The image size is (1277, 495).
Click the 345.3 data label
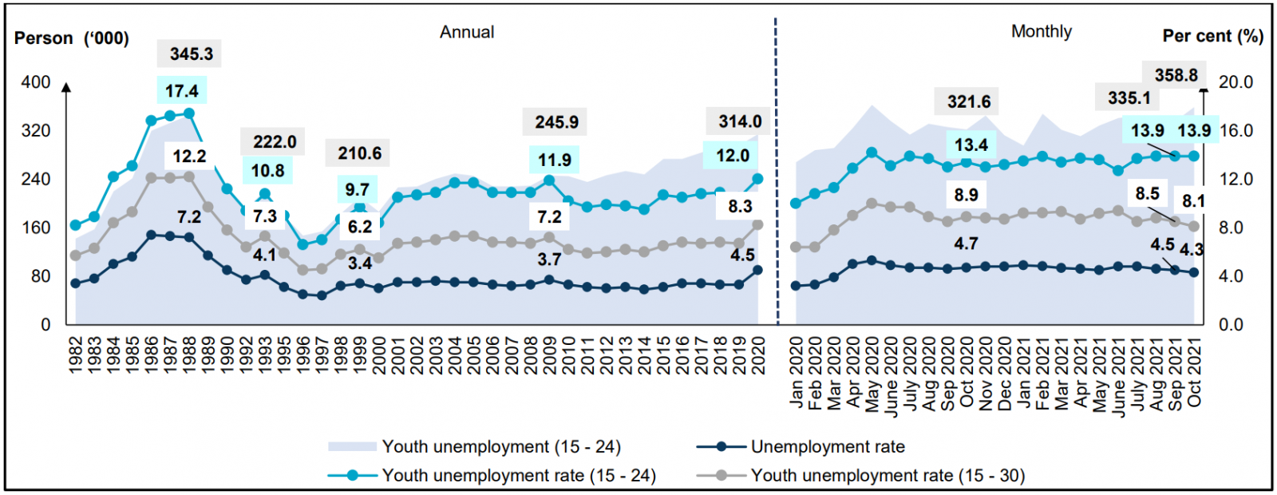pyautogui.click(x=191, y=53)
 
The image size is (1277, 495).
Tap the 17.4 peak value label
pyautogui.click(x=181, y=91)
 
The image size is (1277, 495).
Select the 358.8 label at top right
pyautogui.click(x=1176, y=75)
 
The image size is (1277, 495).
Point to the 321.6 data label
pyautogui.click(x=968, y=101)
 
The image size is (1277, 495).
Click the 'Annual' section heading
pyautogui.click(x=467, y=32)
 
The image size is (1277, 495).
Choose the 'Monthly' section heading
pyautogui.click(x=1041, y=31)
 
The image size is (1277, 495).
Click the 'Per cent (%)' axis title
pyautogui.click(x=1212, y=36)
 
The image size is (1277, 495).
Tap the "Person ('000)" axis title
pyautogui.click(x=72, y=38)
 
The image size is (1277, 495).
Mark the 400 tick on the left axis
pyautogui.click(x=36, y=82)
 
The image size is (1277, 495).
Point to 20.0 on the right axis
pyautogui.click(x=1236, y=82)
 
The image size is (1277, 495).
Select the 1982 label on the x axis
pyautogui.click(x=76, y=354)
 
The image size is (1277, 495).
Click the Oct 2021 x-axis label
pyautogui.click(x=1194, y=372)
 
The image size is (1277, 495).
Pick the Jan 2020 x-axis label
pyautogui.click(x=796, y=372)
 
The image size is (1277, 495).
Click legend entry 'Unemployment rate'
pyautogui.click(x=827, y=447)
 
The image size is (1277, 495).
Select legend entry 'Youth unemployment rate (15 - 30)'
pyautogui.click(x=887, y=476)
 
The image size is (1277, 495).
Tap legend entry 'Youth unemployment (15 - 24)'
pyautogui.click(x=500, y=447)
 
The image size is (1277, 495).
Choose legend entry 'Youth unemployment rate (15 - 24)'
pyautogui.click(x=518, y=476)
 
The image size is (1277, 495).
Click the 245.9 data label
pyautogui.click(x=556, y=122)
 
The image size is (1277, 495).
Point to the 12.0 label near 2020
pyautogui.click(x=732, y=156)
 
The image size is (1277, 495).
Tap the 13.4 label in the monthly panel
pyautogui.click(x=971, y=145)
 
